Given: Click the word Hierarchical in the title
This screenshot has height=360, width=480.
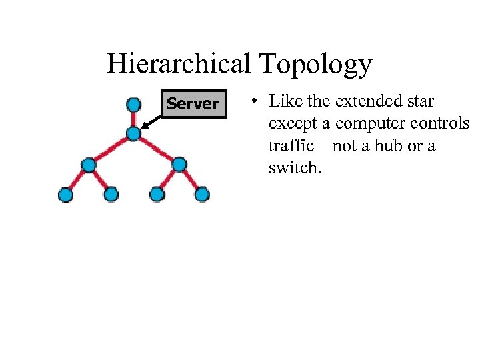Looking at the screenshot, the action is coord(178,64).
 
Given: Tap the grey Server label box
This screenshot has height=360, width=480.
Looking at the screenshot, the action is coord(193,103).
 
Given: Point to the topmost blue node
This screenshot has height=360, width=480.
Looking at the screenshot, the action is coord(133,104).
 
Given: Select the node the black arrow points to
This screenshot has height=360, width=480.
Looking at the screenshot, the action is coord(133,134).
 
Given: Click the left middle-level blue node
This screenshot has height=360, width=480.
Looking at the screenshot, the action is coord(88,165).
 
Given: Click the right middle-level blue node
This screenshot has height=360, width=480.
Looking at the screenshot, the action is coord(179,165).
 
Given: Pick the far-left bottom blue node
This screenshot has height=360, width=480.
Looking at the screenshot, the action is coord(65,195).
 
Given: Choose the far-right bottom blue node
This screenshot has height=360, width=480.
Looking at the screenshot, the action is coord(202,195).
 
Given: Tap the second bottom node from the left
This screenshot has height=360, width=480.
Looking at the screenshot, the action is coord(111,195).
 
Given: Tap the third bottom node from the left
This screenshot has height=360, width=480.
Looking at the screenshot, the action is coord(157,195).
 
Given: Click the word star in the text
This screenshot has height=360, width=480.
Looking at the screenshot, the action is coord(419,102).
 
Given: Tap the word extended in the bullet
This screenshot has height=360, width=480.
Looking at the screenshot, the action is coord(365,102).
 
